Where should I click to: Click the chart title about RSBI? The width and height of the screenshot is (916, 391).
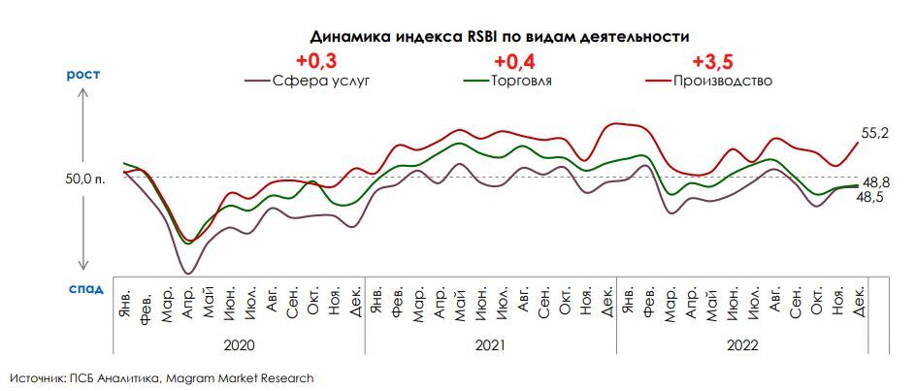click(x=499, y=37)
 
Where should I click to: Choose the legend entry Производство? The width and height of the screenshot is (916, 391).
click(x=722, y=81)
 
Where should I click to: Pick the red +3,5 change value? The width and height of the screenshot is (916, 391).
click(x=711, y=60)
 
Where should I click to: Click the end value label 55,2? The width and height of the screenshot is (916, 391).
click(x=875, y=132)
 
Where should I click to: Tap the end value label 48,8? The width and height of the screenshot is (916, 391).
click(x=876, y=181)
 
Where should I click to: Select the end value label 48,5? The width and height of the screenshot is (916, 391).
click(x=868, y=197)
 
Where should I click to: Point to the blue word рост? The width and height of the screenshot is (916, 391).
click(x=83, y=74)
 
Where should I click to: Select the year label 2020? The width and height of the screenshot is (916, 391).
click(x=239, y=344)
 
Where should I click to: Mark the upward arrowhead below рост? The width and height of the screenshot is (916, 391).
click(x=83, y=93)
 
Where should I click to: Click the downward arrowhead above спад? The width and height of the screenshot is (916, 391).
click(x=83, y=267)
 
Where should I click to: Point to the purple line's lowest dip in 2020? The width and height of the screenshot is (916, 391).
click(x=187, y=273)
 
